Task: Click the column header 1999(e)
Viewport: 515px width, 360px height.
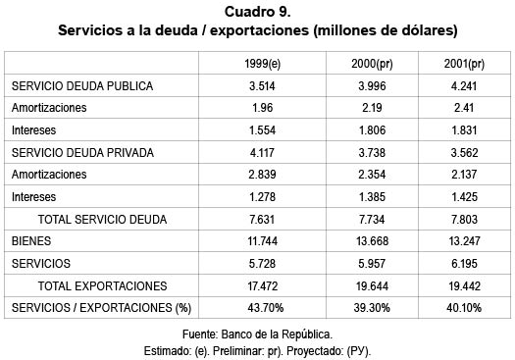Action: coord(265,64)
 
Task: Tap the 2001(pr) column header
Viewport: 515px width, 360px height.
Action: coord(466,64)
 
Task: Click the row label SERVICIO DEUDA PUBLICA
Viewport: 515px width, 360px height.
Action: coord(82,85)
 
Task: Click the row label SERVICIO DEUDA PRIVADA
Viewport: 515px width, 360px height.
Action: coord(82,152)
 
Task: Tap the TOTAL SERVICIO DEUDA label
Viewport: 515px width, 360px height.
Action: coord(102,219)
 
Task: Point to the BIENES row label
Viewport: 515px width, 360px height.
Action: coord(31,240)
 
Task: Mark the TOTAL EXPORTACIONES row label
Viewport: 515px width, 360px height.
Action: coord(102,285)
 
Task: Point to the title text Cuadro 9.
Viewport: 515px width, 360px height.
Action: coord(257,12)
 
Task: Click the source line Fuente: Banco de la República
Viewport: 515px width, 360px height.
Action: coord(257,334)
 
